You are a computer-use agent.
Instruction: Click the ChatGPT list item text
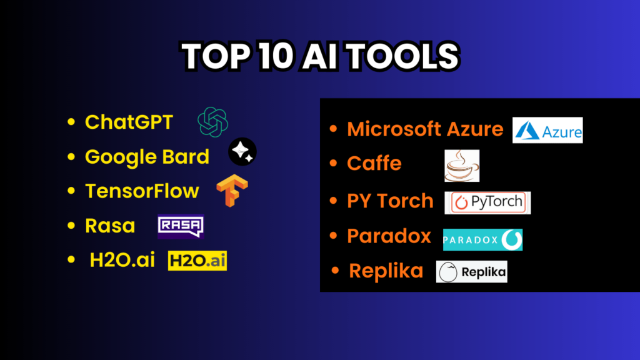[x=129, y=122]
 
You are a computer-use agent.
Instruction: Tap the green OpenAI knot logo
[x=212, y=122]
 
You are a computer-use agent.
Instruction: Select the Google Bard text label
[x=147, y=157]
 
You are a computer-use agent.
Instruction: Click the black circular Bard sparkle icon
[x=242, y=151]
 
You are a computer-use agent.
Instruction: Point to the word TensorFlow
[x=142, y=191]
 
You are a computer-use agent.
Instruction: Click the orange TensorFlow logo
[x=232, y=191]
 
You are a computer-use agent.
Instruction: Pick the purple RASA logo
[x=181, y=226]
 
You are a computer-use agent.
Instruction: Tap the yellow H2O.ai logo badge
[x=197, y=261]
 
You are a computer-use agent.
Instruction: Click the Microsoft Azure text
[x=425, y=129]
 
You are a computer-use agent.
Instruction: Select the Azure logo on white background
[x=547, y=130]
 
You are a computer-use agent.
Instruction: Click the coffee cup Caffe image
[x=462, y=166]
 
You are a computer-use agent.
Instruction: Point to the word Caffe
[x=374, y=163]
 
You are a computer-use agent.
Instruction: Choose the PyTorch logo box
[x=487, y=203]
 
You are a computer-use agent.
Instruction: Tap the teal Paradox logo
[x=483, y=239]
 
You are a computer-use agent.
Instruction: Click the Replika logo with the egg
[x=472, y=272]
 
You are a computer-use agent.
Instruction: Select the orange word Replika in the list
[x=386, y=271]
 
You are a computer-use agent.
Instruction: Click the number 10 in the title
[x=276, y=56]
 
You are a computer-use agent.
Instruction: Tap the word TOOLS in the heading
[x=403, y=56]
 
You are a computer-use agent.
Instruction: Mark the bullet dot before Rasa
[x=71, y=225]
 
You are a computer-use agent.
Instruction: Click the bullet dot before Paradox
[x=334, y=236]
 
